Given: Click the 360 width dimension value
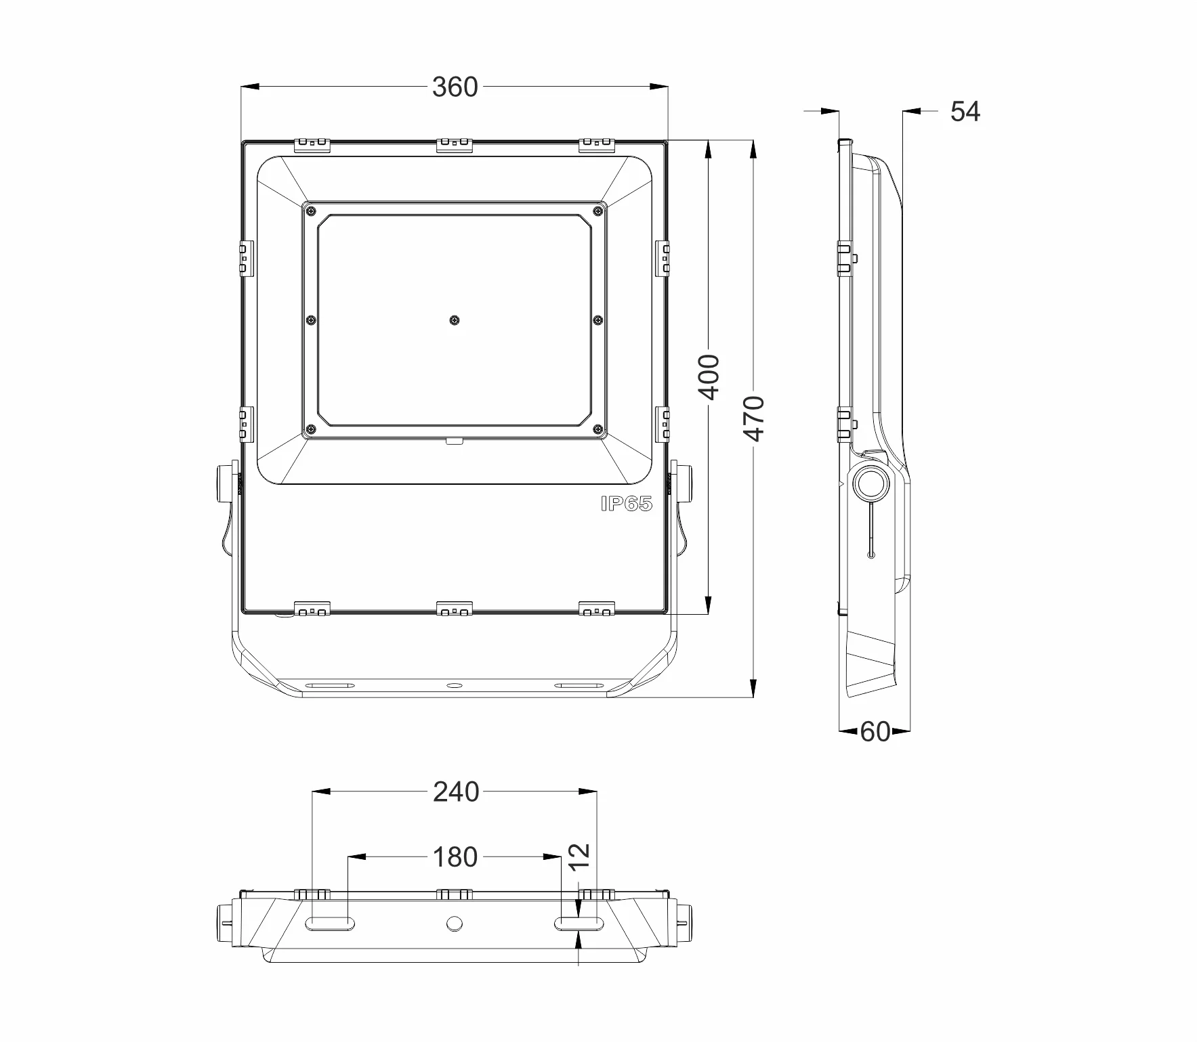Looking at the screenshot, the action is click(x=455, y=87).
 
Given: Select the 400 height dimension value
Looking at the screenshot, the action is click(x=709, y=377).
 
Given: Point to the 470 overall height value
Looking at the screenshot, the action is click(x=754, y=419).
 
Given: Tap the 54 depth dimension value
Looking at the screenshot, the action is click(x=965, y=111).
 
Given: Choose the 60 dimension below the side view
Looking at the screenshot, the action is click(x=875, y=731).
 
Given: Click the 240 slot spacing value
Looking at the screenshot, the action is click(x=456, y=791).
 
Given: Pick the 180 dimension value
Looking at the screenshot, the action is click(x=455, y=857).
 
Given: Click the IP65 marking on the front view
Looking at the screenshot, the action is click(x=626, y=504).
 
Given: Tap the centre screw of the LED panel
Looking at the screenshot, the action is click(x=454, y=320).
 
